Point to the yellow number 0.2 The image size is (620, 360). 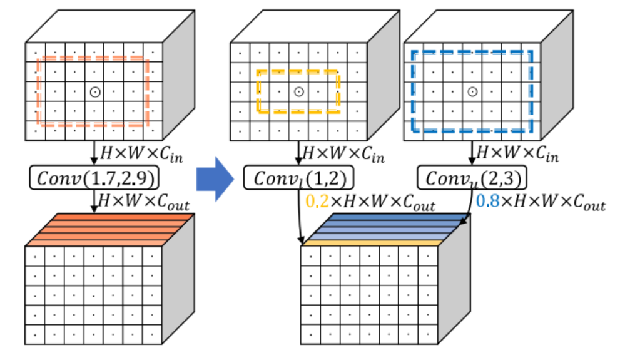tap(317, 202)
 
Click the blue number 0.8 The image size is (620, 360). tap(487, 202)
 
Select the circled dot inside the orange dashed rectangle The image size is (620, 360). tap(95, 92)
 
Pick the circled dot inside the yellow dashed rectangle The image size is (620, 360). tap(299, 92)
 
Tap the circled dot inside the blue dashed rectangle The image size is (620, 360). tap(472, 92)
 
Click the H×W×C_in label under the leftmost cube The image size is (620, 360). tap(141, 154)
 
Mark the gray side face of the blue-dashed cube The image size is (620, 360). tap(557, 75)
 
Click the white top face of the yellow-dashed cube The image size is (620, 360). tap(315, 26)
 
